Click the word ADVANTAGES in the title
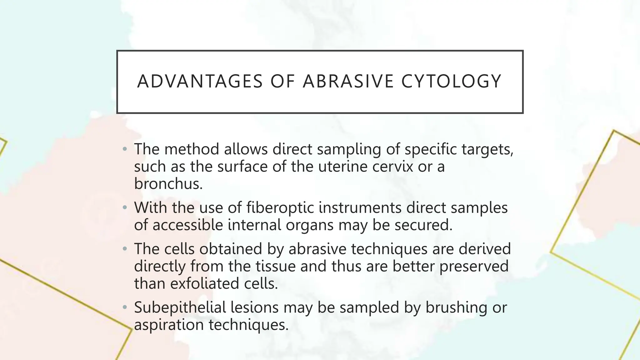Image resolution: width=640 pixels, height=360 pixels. [200, 82]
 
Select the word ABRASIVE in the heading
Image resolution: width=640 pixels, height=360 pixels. [348, 82]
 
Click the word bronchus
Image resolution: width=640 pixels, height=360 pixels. [168, 183]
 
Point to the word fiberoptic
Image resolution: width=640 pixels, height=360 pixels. [280, 207]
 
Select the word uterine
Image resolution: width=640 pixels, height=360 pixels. [343, 166]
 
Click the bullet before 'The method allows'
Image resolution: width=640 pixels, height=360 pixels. [125, 149]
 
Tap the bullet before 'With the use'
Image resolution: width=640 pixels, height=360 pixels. [125, 208]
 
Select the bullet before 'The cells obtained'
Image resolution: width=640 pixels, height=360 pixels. [125, 249]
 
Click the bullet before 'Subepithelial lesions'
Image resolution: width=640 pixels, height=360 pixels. [125, 307]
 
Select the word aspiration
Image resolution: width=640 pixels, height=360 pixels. [169, 325]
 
